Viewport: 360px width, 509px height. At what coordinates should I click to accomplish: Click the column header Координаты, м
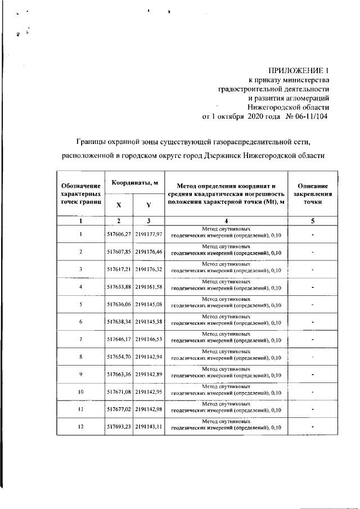134,183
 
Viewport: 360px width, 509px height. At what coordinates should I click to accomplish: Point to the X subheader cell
119,205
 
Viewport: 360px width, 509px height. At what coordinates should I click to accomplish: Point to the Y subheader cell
148,205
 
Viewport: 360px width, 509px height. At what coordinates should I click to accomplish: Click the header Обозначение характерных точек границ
81,193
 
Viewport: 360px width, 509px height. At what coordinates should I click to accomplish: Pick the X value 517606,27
119,235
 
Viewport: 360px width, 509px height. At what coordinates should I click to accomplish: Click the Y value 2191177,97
148,235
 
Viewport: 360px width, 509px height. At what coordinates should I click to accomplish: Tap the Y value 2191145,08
148,305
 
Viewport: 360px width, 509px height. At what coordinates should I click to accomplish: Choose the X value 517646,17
119,340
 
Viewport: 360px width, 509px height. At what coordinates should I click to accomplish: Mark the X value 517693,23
119,427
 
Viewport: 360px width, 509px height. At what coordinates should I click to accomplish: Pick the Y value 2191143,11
148,427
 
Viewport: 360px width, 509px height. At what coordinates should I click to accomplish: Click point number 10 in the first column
81,392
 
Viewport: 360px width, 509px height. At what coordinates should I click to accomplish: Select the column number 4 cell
226,222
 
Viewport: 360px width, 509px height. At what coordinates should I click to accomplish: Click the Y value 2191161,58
148,287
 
